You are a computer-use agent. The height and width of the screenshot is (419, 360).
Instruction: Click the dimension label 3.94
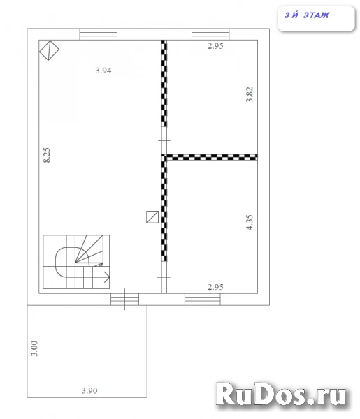pos(103,71)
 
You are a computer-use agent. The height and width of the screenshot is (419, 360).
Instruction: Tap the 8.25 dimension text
pos(47,155)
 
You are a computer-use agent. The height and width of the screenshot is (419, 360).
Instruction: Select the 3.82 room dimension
pos(250,94)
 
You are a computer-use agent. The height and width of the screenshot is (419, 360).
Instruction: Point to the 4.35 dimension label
pos(250,222)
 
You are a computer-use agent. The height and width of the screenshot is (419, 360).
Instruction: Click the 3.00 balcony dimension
pos(34,348)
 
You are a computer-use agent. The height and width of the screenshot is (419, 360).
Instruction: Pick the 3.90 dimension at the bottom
pos(89,390)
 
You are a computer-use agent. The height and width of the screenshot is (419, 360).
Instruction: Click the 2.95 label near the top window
pos(215,46)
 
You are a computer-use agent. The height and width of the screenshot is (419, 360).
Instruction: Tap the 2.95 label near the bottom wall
pos(215,287)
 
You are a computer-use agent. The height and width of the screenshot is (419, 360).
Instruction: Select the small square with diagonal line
pos(152,217)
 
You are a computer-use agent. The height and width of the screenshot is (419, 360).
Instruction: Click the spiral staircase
pos(76,262)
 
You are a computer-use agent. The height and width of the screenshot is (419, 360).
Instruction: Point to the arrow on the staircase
pos(107,277)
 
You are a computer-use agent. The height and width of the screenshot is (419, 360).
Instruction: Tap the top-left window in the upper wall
pos(99,34)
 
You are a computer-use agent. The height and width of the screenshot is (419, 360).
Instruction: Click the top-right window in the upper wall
pos(210,34)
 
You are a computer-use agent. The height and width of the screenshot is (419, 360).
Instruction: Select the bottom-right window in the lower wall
pos(203,300)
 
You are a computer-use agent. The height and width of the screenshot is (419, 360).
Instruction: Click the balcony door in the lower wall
pos(125,300)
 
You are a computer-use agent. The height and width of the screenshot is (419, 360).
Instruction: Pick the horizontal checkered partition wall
pos(210,157)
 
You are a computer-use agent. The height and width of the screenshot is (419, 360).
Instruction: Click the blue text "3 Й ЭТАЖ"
pos(307,15)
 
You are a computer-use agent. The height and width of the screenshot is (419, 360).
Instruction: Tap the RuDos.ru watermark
pos(281,395)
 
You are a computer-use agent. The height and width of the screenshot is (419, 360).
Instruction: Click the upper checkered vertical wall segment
pos(164,83)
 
